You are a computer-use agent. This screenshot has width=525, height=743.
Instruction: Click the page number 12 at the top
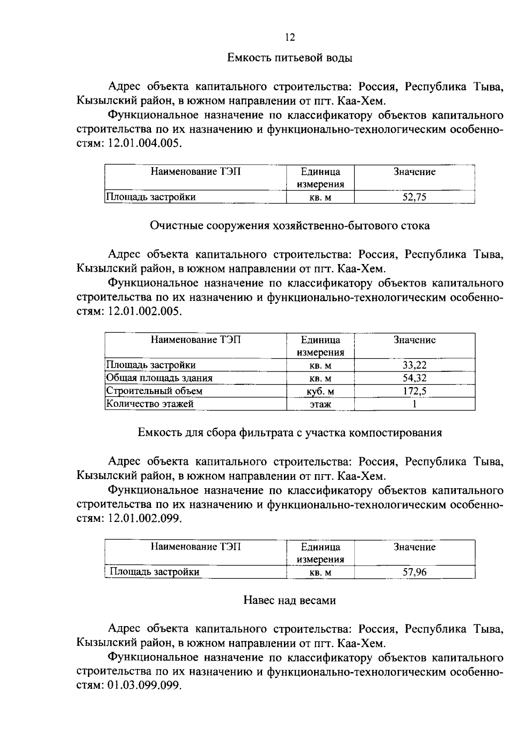click(x=290, y=37)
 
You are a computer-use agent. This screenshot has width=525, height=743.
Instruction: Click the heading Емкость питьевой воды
click(x=290, y=58)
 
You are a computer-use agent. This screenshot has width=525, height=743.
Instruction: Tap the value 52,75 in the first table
click(x=414, y=197)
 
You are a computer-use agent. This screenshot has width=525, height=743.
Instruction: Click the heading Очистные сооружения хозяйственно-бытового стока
click(x=290, y=226)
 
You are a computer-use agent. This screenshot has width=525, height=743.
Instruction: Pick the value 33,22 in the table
click(x=414, y=365)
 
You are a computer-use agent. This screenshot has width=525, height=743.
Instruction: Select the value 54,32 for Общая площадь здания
click(x=414, y=378)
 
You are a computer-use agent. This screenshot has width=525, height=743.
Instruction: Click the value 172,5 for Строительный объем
click(x=414, y=391)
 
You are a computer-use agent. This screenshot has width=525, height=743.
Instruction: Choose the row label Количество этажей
click(x=150, y=404)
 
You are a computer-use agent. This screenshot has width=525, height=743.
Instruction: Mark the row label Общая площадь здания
click(x=159, y=378)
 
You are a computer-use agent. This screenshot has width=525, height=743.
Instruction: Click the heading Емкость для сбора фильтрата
click(x=290, y=433)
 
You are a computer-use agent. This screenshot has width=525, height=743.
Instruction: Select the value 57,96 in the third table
click(x=414, y=572)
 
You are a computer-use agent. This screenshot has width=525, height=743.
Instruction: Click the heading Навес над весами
click(x=290, y=601)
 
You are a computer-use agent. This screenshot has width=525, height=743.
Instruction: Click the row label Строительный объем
click(x=154, y=391)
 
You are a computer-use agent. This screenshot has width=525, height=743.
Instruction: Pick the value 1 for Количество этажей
click(x=414, y=404)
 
